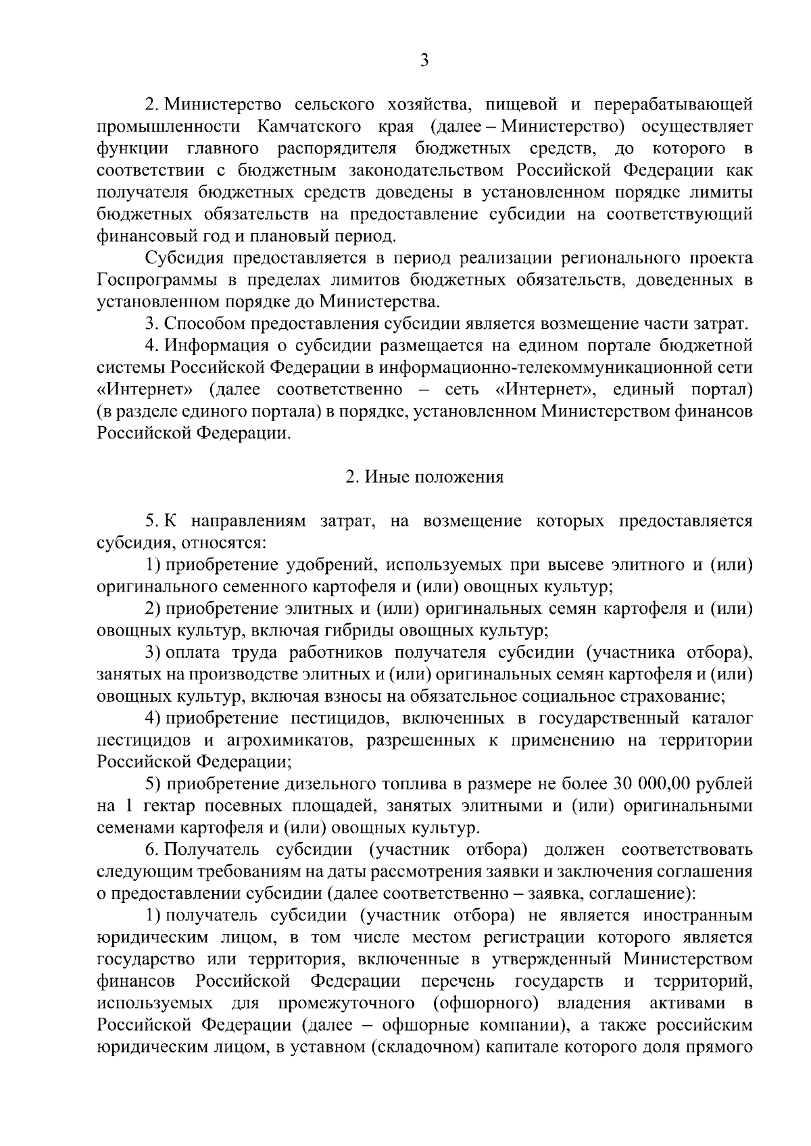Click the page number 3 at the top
[424, 60]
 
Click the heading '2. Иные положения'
[424, 477]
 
